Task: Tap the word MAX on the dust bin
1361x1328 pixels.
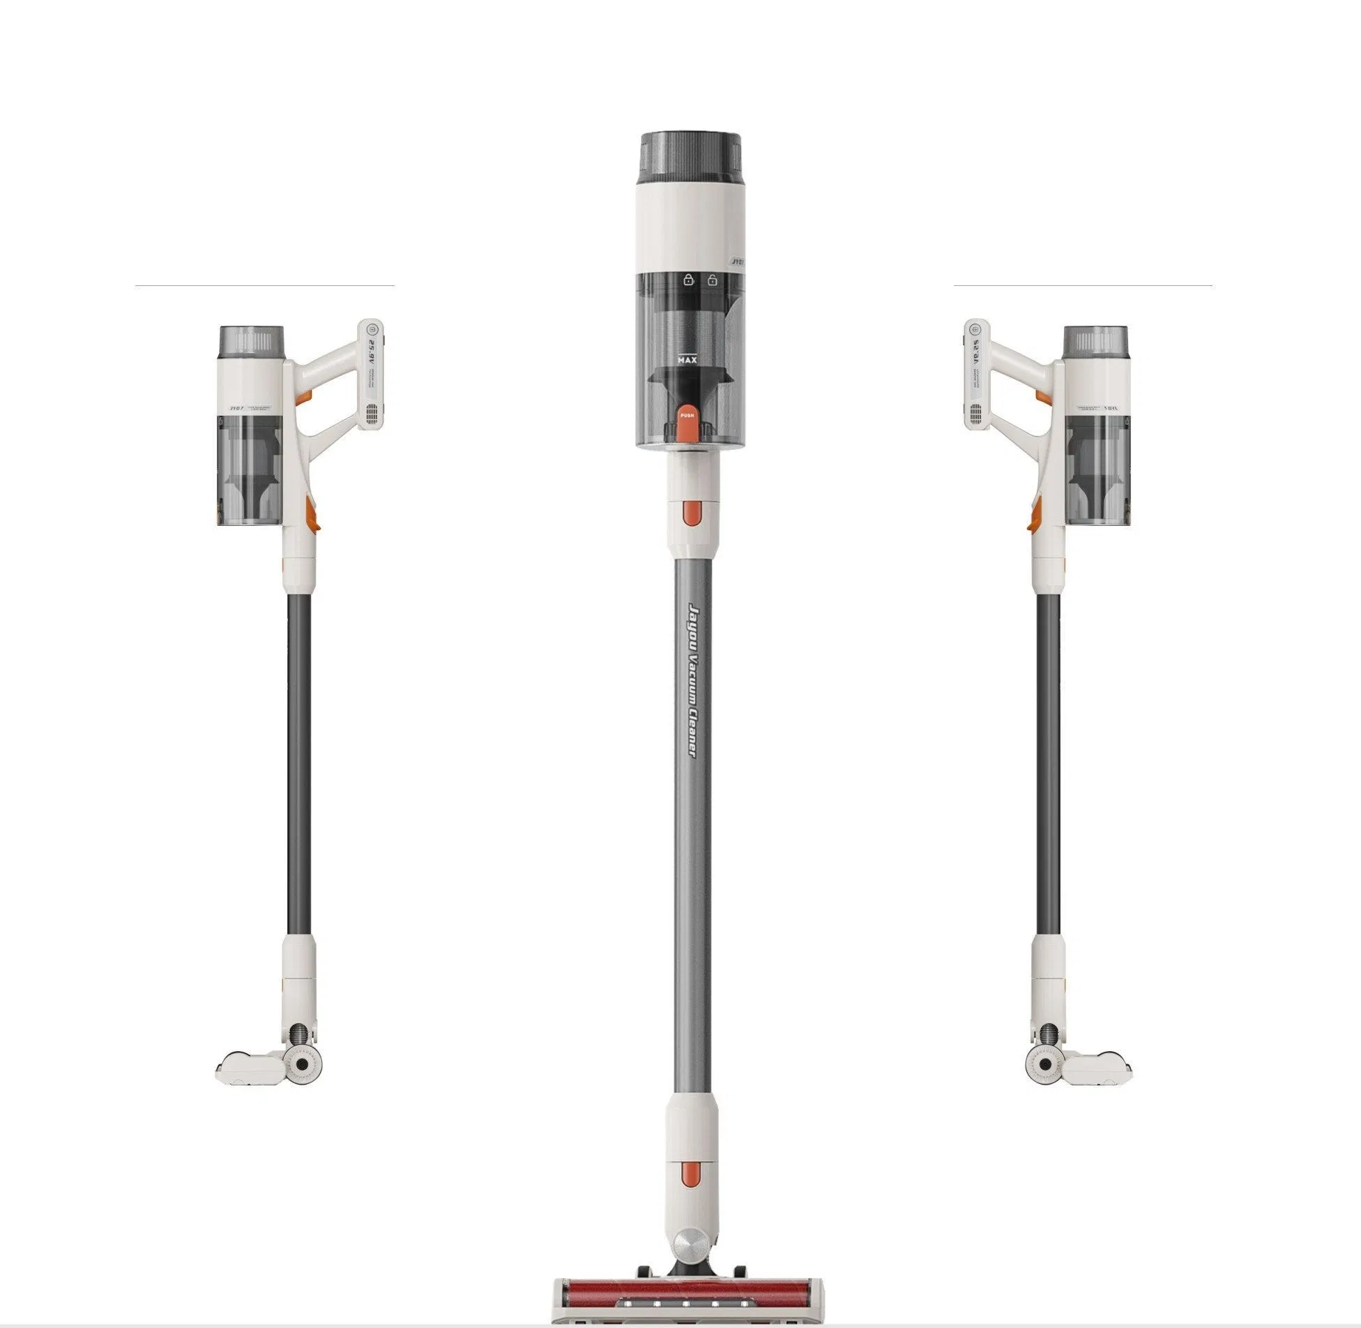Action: pos(687,360)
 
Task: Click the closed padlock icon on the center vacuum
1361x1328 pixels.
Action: pos(689,280)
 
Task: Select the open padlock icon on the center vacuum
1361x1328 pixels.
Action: pos(713,280)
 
